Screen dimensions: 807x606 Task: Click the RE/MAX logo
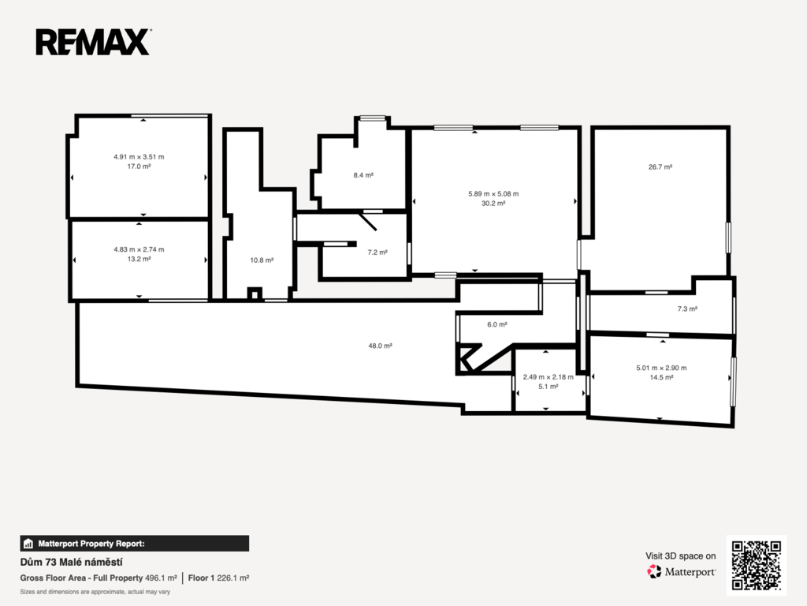[x=93, y=42]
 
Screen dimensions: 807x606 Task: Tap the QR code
[x=756, y=565]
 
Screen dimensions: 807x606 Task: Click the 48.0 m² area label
[x=381, y=346]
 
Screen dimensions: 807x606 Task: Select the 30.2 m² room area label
[x=493, y=204]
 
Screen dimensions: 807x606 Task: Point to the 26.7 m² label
[x=660, y=167]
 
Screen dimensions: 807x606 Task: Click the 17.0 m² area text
[x=139, y=166]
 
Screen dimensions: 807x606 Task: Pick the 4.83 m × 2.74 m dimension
[x=139, y=249]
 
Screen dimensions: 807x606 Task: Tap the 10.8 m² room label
[x=262, y=260]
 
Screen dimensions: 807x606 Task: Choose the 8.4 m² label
[x=363, y=175]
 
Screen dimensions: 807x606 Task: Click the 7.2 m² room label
[x=377, y=252]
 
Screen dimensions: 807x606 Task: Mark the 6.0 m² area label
[x=497, y=324]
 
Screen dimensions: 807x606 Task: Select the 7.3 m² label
[x=687, y=309]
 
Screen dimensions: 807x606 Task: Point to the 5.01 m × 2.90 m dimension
[x=661, y=368]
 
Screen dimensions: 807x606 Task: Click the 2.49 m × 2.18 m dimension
[x=549, y=377]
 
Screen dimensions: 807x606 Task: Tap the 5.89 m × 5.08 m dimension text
[x=493, y=194]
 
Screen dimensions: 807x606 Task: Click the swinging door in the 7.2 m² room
[x=368, y=221]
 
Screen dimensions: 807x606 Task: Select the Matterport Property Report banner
[x=134, y=544]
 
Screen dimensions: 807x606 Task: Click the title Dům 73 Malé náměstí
[x=71, y=562]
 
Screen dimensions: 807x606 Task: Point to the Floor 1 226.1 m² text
[x=219, y=578]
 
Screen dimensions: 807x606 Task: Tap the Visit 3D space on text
[x=680, y=556]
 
